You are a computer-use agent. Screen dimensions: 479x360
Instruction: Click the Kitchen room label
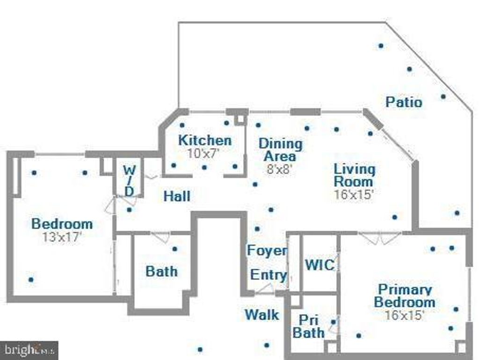point(205,140)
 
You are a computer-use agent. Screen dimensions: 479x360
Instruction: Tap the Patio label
point(404,102)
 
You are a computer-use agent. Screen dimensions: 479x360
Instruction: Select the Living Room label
point(355,176)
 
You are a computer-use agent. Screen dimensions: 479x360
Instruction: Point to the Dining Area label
point(281,150)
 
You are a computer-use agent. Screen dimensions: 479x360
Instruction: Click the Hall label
point(177,196)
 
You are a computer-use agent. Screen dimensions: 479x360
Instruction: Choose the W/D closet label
point(130,181)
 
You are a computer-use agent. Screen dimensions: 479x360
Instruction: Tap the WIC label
point(319,264)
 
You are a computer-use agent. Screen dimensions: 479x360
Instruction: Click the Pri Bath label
point(308,326)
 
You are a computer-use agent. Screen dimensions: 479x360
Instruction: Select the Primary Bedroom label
point(405,296)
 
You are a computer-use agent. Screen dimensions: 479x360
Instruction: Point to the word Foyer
point(267,250)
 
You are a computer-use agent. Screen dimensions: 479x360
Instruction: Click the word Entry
point(269,275)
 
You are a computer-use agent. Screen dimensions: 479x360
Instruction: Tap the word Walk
point(262,315)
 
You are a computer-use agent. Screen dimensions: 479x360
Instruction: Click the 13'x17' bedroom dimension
point(62,237)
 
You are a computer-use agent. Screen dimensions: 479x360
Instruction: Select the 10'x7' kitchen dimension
point(203,154)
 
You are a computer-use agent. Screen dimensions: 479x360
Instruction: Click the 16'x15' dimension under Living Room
point(354,194)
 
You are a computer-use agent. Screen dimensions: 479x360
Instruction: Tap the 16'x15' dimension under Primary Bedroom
point(405,315)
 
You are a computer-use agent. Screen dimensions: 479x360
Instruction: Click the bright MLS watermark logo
point(29,350)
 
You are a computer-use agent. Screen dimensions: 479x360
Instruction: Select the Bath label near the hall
point(161,272)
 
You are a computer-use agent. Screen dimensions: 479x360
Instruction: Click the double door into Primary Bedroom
point(379,238)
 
